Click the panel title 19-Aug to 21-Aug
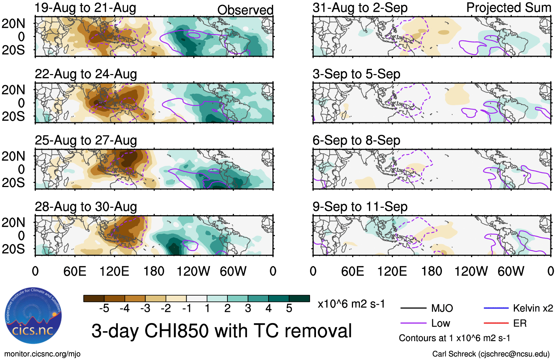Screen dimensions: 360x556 pyautogui.click(x=85, y=8)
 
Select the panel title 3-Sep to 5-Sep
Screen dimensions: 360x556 pyautogui.click(x=356, y=74)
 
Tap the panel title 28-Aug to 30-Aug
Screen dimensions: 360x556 pyautogui.click(x=86, y=207)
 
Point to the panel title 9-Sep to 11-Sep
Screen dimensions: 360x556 pyautogui.click(x=360, y=207)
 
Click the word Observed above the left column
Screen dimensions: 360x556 pyautogui.click(x=245, y=10)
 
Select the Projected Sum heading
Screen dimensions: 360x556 pyautogui.click(x=509, y=8)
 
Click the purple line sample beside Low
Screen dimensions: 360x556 pyautogui.click(x=413, y=323)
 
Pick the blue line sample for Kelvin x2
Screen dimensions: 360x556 pyautogui.click(x=496, y=308)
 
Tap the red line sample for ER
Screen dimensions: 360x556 pyautogui.click(x=496, y=323)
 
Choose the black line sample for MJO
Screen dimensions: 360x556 pyautogui.click(x=413, y=308)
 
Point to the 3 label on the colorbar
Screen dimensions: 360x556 pyautogui.click(x=248, y=309)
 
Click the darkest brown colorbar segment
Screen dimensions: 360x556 pyautogui.click(x=94, y=299)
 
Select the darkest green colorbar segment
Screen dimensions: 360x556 pyautogui.click(x=299, y=299)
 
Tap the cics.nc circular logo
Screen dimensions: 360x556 pyautogui.click(x=33, y=316)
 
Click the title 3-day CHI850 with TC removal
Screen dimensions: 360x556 pyautogui.click(x=222, y=331)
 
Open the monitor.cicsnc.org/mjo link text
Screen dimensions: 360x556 pyautogui.click(x=42, y=354)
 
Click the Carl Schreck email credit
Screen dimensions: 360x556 pyautogui.click(x=491, y=354)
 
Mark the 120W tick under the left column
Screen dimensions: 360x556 pyautogui.click(x=193, y=271)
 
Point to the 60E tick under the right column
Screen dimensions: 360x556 pyautogui.click(x=352, y=271)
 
